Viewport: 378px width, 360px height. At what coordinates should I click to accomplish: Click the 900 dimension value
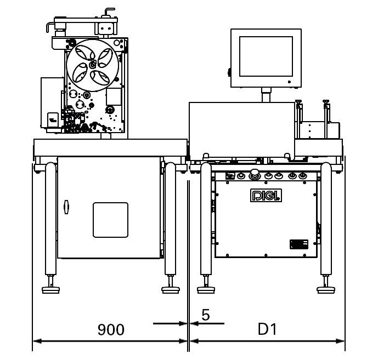tap(111, 330)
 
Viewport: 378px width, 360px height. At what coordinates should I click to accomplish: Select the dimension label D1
tap(267, 329)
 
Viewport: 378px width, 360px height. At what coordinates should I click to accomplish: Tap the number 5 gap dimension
tap(206, 315)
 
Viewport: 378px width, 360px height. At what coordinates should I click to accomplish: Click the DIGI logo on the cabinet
tap(266, 196)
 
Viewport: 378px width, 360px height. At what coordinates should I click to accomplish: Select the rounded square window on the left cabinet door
tap(110, 220)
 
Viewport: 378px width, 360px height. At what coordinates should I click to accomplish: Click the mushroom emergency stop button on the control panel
tap(255, 176)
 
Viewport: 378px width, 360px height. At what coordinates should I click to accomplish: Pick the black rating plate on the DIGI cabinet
tap(298, 244)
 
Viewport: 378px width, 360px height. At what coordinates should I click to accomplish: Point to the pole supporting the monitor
tap(266, 96)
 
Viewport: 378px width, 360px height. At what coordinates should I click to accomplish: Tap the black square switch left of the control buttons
tap(231, 176)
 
